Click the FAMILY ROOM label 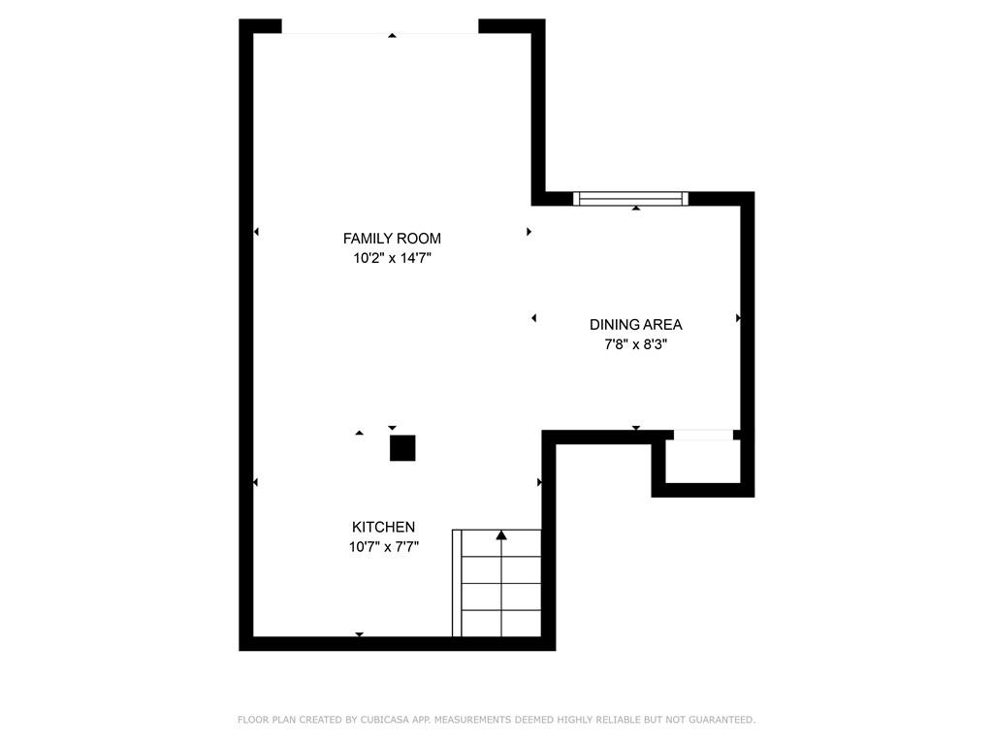[392, 239]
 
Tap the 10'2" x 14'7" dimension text [392, 259]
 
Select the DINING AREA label [635, 325]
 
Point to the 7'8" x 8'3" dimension [635, 344]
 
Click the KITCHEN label [383, 527]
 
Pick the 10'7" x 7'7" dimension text [383, 547]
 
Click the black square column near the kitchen [402, 448]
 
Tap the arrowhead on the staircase [501, 534]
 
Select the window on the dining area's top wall [630, 199]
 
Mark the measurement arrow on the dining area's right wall [738, 317]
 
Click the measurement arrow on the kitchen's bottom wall [359, 634]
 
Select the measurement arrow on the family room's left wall [256, 231]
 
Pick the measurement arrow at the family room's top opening [392, 36]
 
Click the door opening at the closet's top [703, 435]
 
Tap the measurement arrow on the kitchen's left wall [256, 482]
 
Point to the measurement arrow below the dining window [636, 208]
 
